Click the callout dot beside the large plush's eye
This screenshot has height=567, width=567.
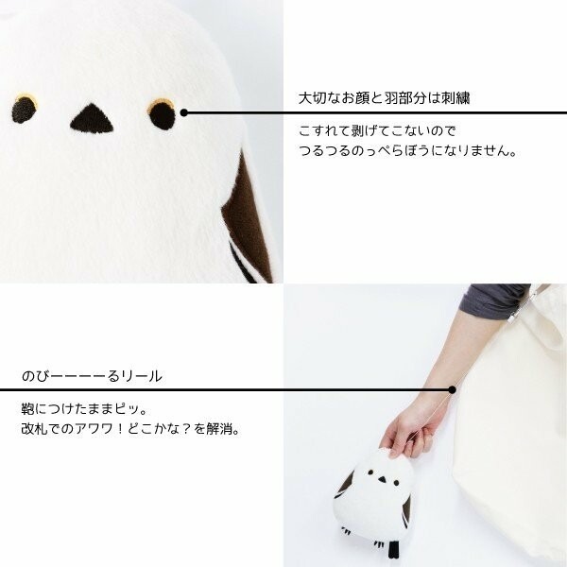(184, 112)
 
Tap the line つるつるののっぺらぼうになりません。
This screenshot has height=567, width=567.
(408, 150)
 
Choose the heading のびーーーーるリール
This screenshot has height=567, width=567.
(92, 376)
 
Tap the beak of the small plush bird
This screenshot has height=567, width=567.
(378, 484)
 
